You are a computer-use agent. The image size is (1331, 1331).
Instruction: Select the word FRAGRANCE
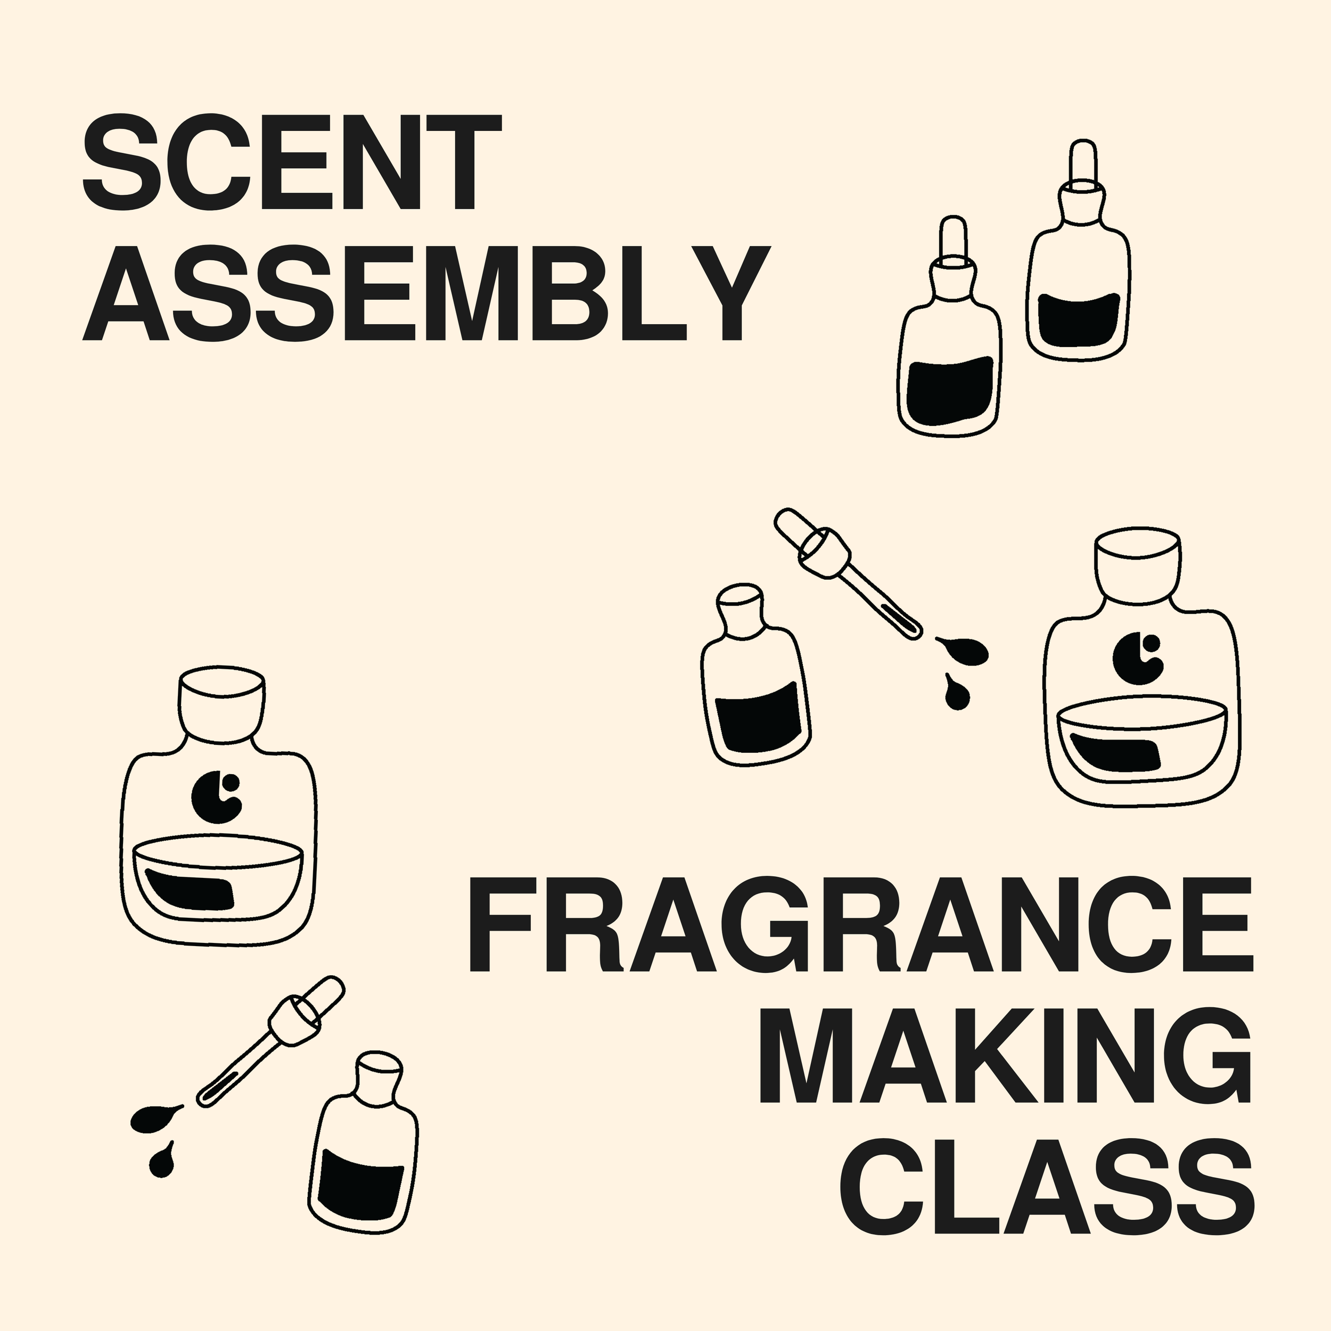pos(860,925)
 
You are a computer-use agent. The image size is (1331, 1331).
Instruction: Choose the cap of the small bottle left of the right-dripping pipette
pos(741,606)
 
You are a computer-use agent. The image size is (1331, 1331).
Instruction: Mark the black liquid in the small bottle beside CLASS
pos(360,1193)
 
